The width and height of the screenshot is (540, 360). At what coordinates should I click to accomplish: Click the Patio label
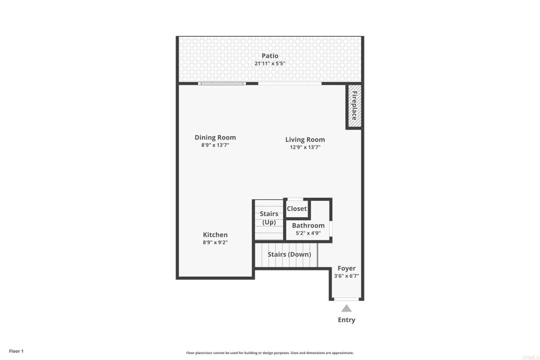coord(269,56)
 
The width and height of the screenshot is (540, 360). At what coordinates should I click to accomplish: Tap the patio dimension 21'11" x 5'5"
coord(269,63)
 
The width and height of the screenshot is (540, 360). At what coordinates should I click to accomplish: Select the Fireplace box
coord(354,106)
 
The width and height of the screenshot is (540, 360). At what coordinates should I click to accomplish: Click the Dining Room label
coord(215,138)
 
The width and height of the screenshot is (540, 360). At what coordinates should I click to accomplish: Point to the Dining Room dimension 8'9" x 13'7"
coord(215,145)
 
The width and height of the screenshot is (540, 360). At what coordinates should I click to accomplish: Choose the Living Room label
coord(305,140)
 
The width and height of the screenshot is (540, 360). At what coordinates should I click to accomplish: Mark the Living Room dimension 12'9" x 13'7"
coord(305,147)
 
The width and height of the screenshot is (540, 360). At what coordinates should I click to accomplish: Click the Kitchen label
coord(215,235)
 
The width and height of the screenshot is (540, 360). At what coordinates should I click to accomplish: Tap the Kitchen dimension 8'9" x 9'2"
coord(215,242)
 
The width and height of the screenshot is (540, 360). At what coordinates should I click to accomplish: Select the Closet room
coord(296,208)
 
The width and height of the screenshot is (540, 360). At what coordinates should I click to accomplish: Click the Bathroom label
coord(308,226)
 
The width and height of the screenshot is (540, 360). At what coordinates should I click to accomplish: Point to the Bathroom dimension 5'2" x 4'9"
coord(308,233)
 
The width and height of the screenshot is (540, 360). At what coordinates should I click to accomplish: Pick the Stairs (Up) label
coord(269,218)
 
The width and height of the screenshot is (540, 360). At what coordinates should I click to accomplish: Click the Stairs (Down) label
coord(290,255)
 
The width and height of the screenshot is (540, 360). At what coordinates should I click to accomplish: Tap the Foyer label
coord(346,268)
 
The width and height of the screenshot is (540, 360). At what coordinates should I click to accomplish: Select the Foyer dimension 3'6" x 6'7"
coord(346,276)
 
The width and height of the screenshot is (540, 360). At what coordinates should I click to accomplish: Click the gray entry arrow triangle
coord(346,308)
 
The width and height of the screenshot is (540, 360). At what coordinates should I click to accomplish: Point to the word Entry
coord(346,320)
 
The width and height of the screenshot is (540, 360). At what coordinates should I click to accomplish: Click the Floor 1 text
coord(16,351)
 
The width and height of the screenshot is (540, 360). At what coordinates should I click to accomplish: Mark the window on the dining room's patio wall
coord(222,83)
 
